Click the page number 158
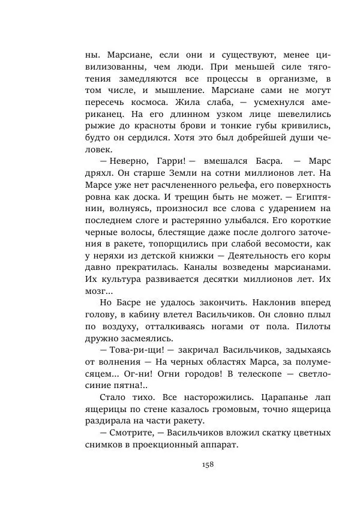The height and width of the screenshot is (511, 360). coord(208,464)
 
